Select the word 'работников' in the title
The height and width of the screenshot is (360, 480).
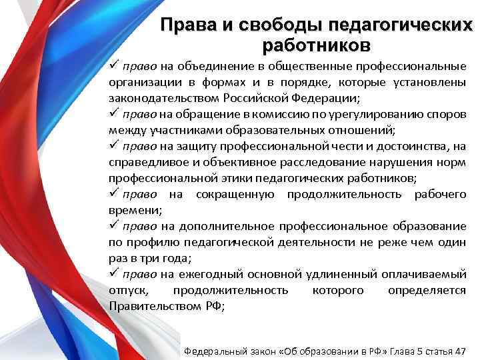(x=315, y=46)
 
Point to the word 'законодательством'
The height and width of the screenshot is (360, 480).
(x=155, y=98)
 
